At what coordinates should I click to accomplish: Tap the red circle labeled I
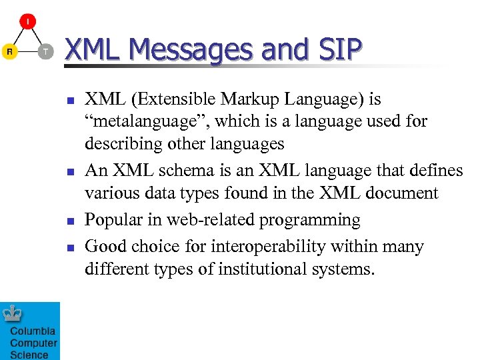click(27, 23)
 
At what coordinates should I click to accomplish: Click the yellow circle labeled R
click(9, 51)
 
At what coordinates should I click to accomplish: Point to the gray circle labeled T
click(45, 51)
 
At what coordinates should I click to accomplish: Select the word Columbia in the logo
click(33, 331)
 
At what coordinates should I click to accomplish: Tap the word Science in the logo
click(29, 355)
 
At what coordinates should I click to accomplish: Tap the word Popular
click(115, 220)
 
